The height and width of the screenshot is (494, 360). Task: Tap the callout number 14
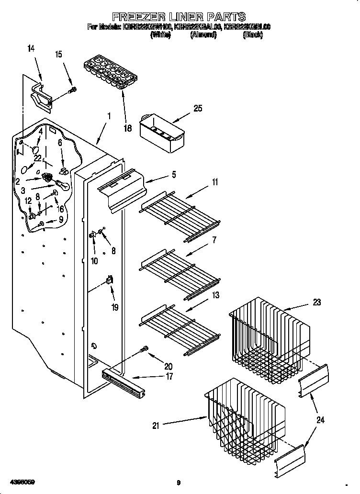(31, 48)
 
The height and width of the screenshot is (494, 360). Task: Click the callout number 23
(316, 302)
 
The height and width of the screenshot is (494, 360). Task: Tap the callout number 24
(320, 420)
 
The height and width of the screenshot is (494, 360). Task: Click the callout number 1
(109, 116)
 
